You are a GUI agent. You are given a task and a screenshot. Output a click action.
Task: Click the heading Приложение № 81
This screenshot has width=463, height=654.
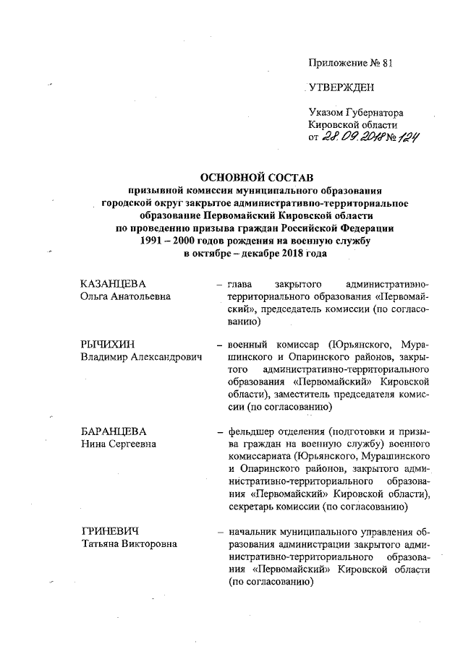[349, 63]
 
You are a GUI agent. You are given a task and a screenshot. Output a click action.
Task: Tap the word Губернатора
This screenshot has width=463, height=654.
[374, 113]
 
